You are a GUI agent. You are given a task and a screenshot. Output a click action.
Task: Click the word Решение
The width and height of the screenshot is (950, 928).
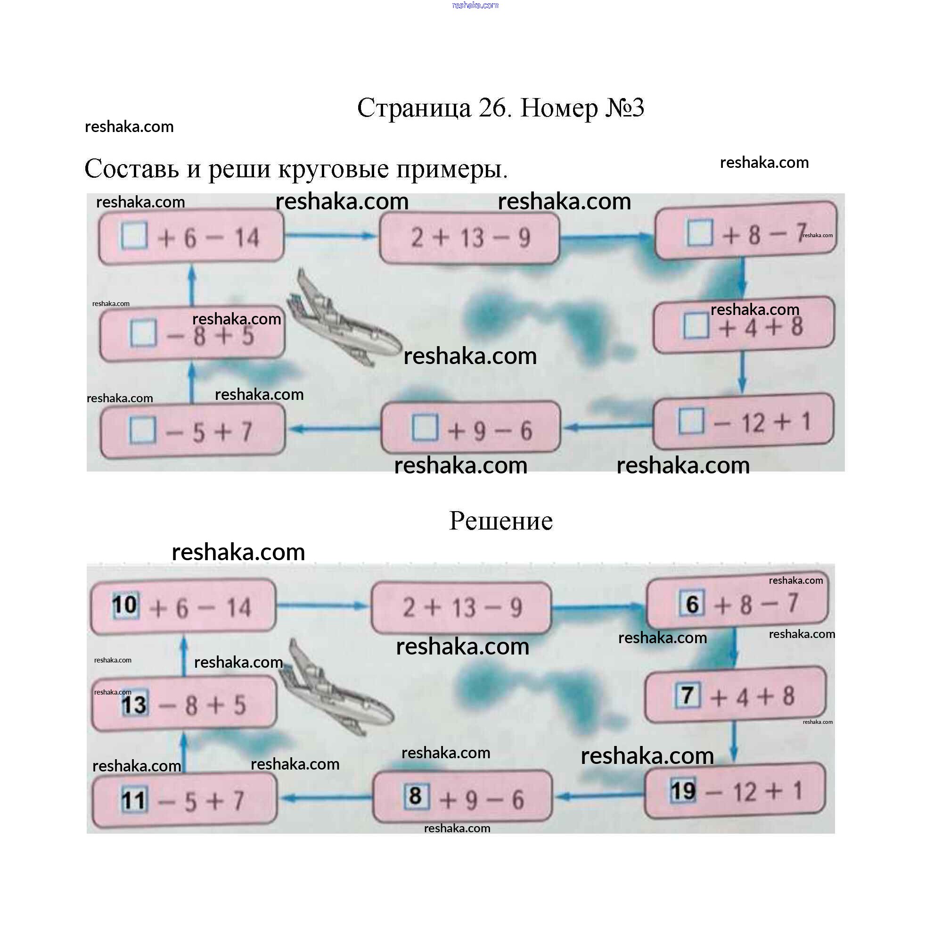click(500, 521)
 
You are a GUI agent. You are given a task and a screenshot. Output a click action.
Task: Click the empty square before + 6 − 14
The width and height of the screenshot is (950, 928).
click(134, 236)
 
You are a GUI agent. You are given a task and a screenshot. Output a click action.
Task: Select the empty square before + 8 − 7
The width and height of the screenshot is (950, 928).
click(700, 232)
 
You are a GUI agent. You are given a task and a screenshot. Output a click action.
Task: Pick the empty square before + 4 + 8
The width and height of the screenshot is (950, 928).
click(696, 325)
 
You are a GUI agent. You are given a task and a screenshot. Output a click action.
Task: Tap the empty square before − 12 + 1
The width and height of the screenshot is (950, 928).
click(691, 421)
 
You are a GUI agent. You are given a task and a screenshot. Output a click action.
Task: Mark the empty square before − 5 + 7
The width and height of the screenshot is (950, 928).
click(142, 430)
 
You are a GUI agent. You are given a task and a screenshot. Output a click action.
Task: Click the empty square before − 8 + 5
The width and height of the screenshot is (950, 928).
click(143, 333)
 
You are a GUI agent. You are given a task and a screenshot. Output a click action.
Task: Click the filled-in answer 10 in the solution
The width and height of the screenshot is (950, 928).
click(125, 605)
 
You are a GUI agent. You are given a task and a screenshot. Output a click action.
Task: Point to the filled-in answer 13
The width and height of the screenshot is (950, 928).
click(134, 704)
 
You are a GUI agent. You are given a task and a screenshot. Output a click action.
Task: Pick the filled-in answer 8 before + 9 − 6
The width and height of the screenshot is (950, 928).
click(416, 796)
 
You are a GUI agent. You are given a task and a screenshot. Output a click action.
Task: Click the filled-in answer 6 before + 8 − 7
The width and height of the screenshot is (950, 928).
click(692, 604)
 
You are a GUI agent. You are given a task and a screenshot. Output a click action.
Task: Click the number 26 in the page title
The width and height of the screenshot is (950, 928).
click(494, 108)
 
